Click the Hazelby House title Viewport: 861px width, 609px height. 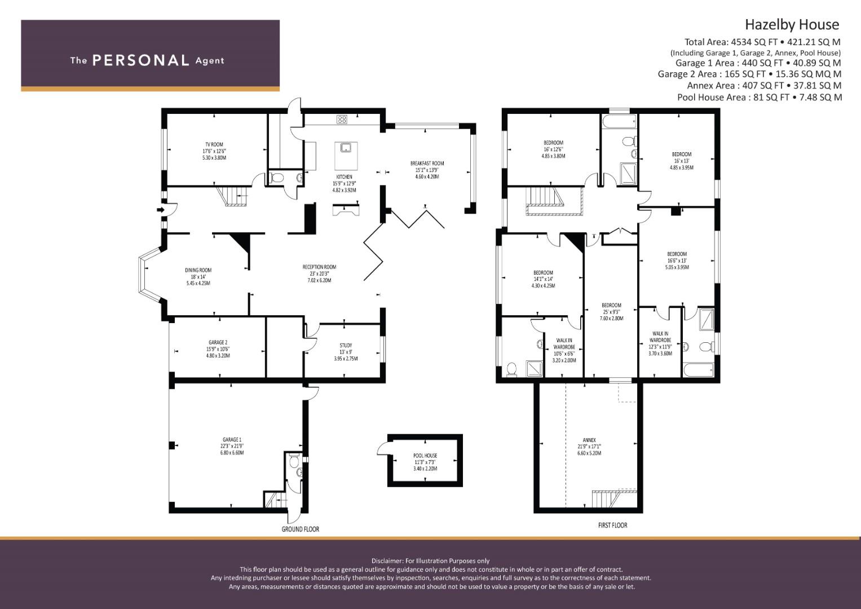click(x=792, y=25)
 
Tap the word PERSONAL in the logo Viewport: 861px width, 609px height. click(x=141, y=60)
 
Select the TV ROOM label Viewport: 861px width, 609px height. click(x=214, y=144)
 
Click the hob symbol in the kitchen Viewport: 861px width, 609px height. click(x=342, y=120)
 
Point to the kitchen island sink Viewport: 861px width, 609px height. click(x=346, y=147)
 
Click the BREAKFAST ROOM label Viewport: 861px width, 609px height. click(x=427, y=164)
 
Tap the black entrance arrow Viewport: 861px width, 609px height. click(x=161, y=210)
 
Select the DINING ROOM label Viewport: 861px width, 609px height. click(x=198, y=270)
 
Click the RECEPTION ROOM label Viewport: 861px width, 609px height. click(x=319, y=267)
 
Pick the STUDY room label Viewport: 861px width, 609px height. click(x=346, y=345)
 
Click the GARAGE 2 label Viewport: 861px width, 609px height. click(x=218, y=342)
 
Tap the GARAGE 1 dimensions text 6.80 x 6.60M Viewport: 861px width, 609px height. click(x=232, y=452)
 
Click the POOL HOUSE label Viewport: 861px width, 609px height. click(x=425, y=456)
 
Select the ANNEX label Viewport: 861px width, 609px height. click(x=589, y=440)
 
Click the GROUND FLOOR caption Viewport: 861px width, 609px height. click(x=300, y=529)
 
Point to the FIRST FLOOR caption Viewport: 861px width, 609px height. click(x=613, y=525)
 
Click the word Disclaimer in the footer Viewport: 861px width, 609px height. click(x=387, y=561)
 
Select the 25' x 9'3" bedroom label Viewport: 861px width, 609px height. click(x=612, y=312)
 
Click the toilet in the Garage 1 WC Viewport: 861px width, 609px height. click(x=294, y=461)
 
